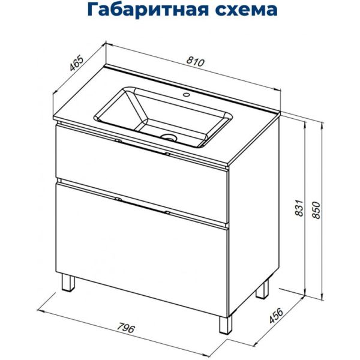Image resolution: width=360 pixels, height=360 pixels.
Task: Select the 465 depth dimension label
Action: (x=76, y=63)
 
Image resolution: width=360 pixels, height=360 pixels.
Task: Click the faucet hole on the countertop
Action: (x=185, y=95)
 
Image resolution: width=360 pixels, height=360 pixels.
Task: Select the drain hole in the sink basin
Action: (x=170, y=137)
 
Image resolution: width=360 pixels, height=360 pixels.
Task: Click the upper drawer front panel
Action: (x=141, y=159)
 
